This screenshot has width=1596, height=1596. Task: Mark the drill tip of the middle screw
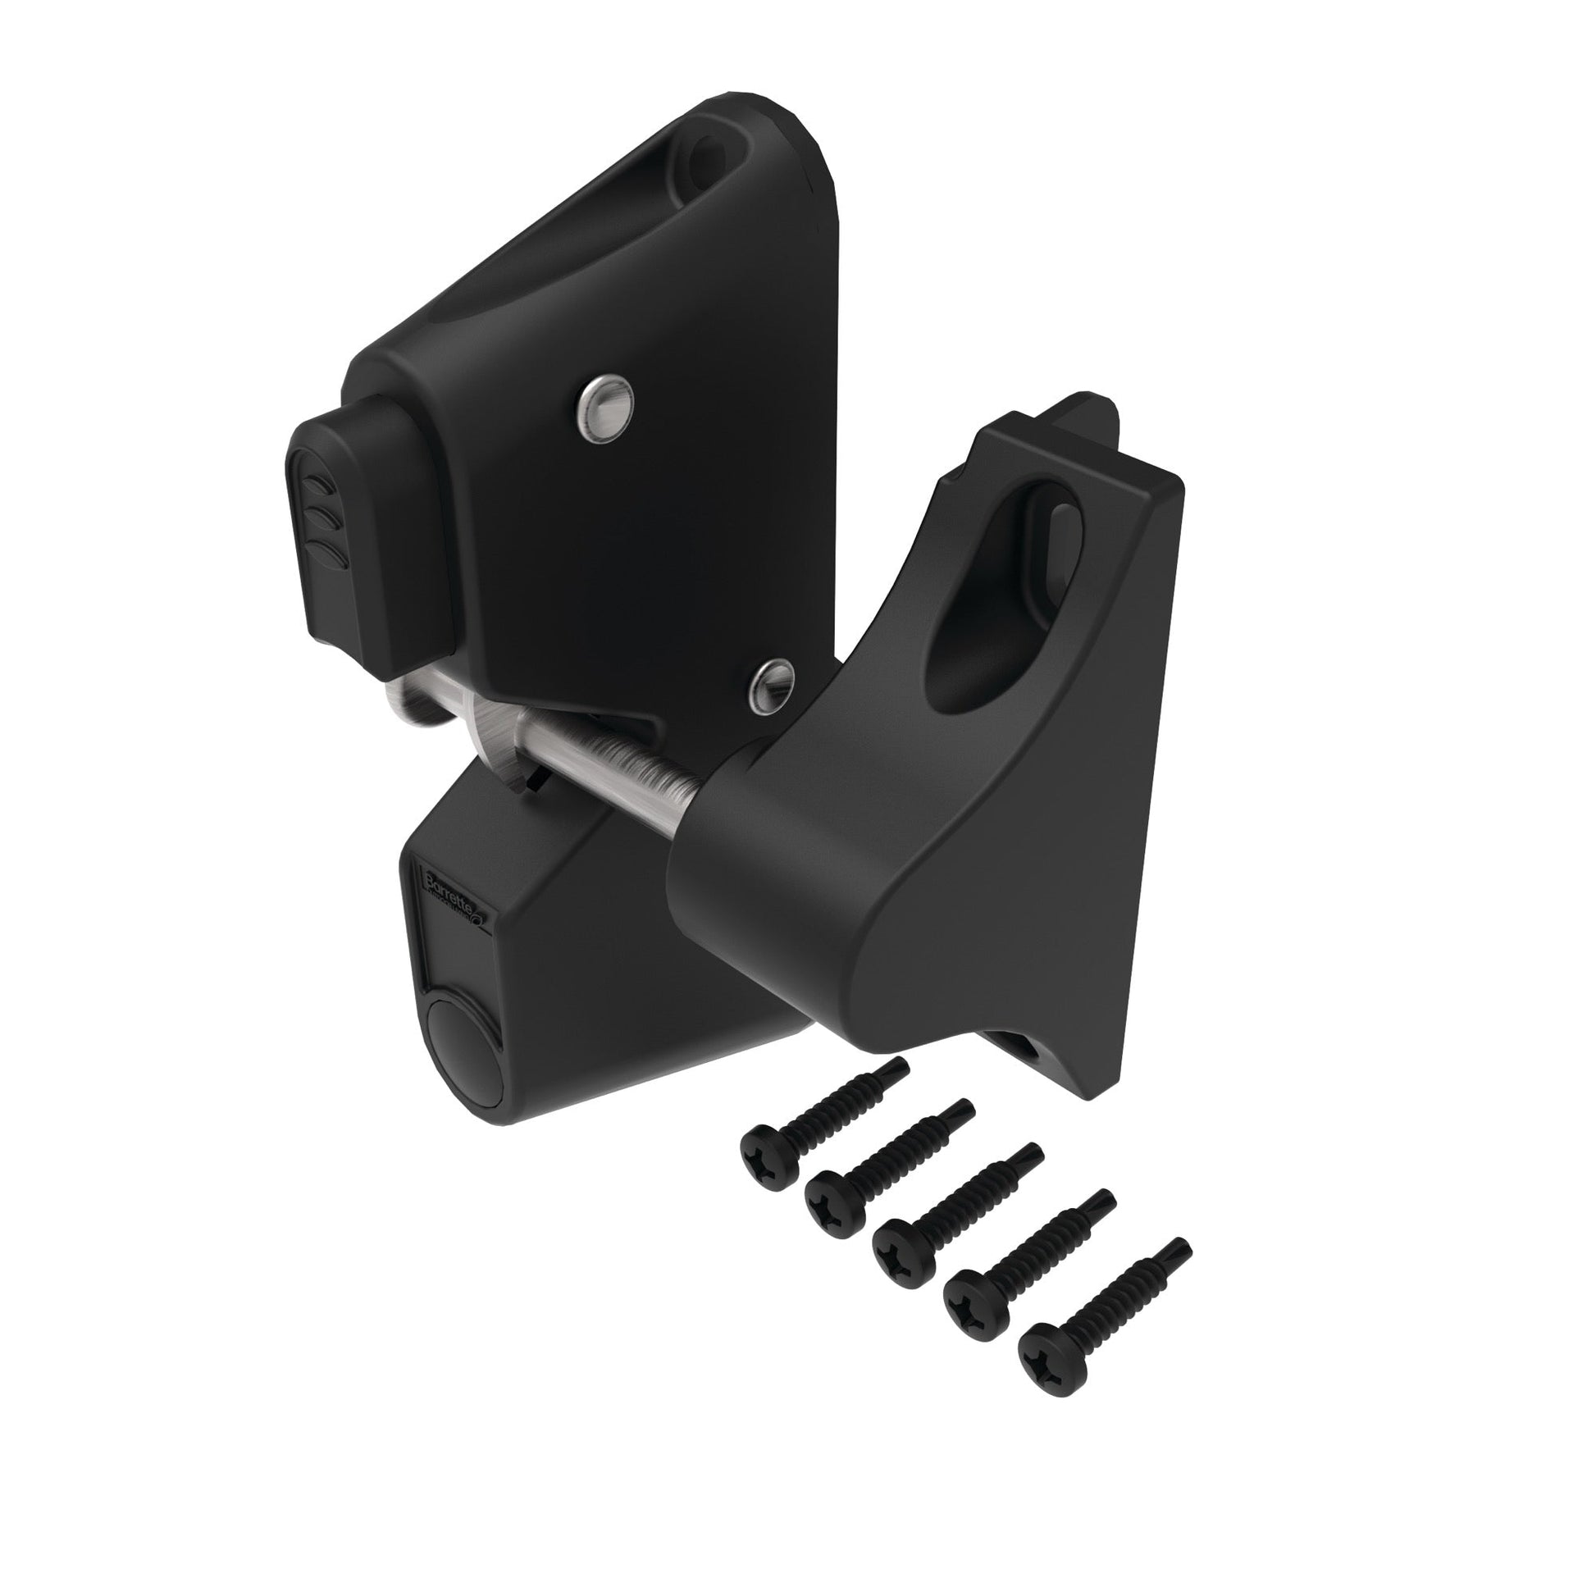click(x=1033, y=1152)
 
